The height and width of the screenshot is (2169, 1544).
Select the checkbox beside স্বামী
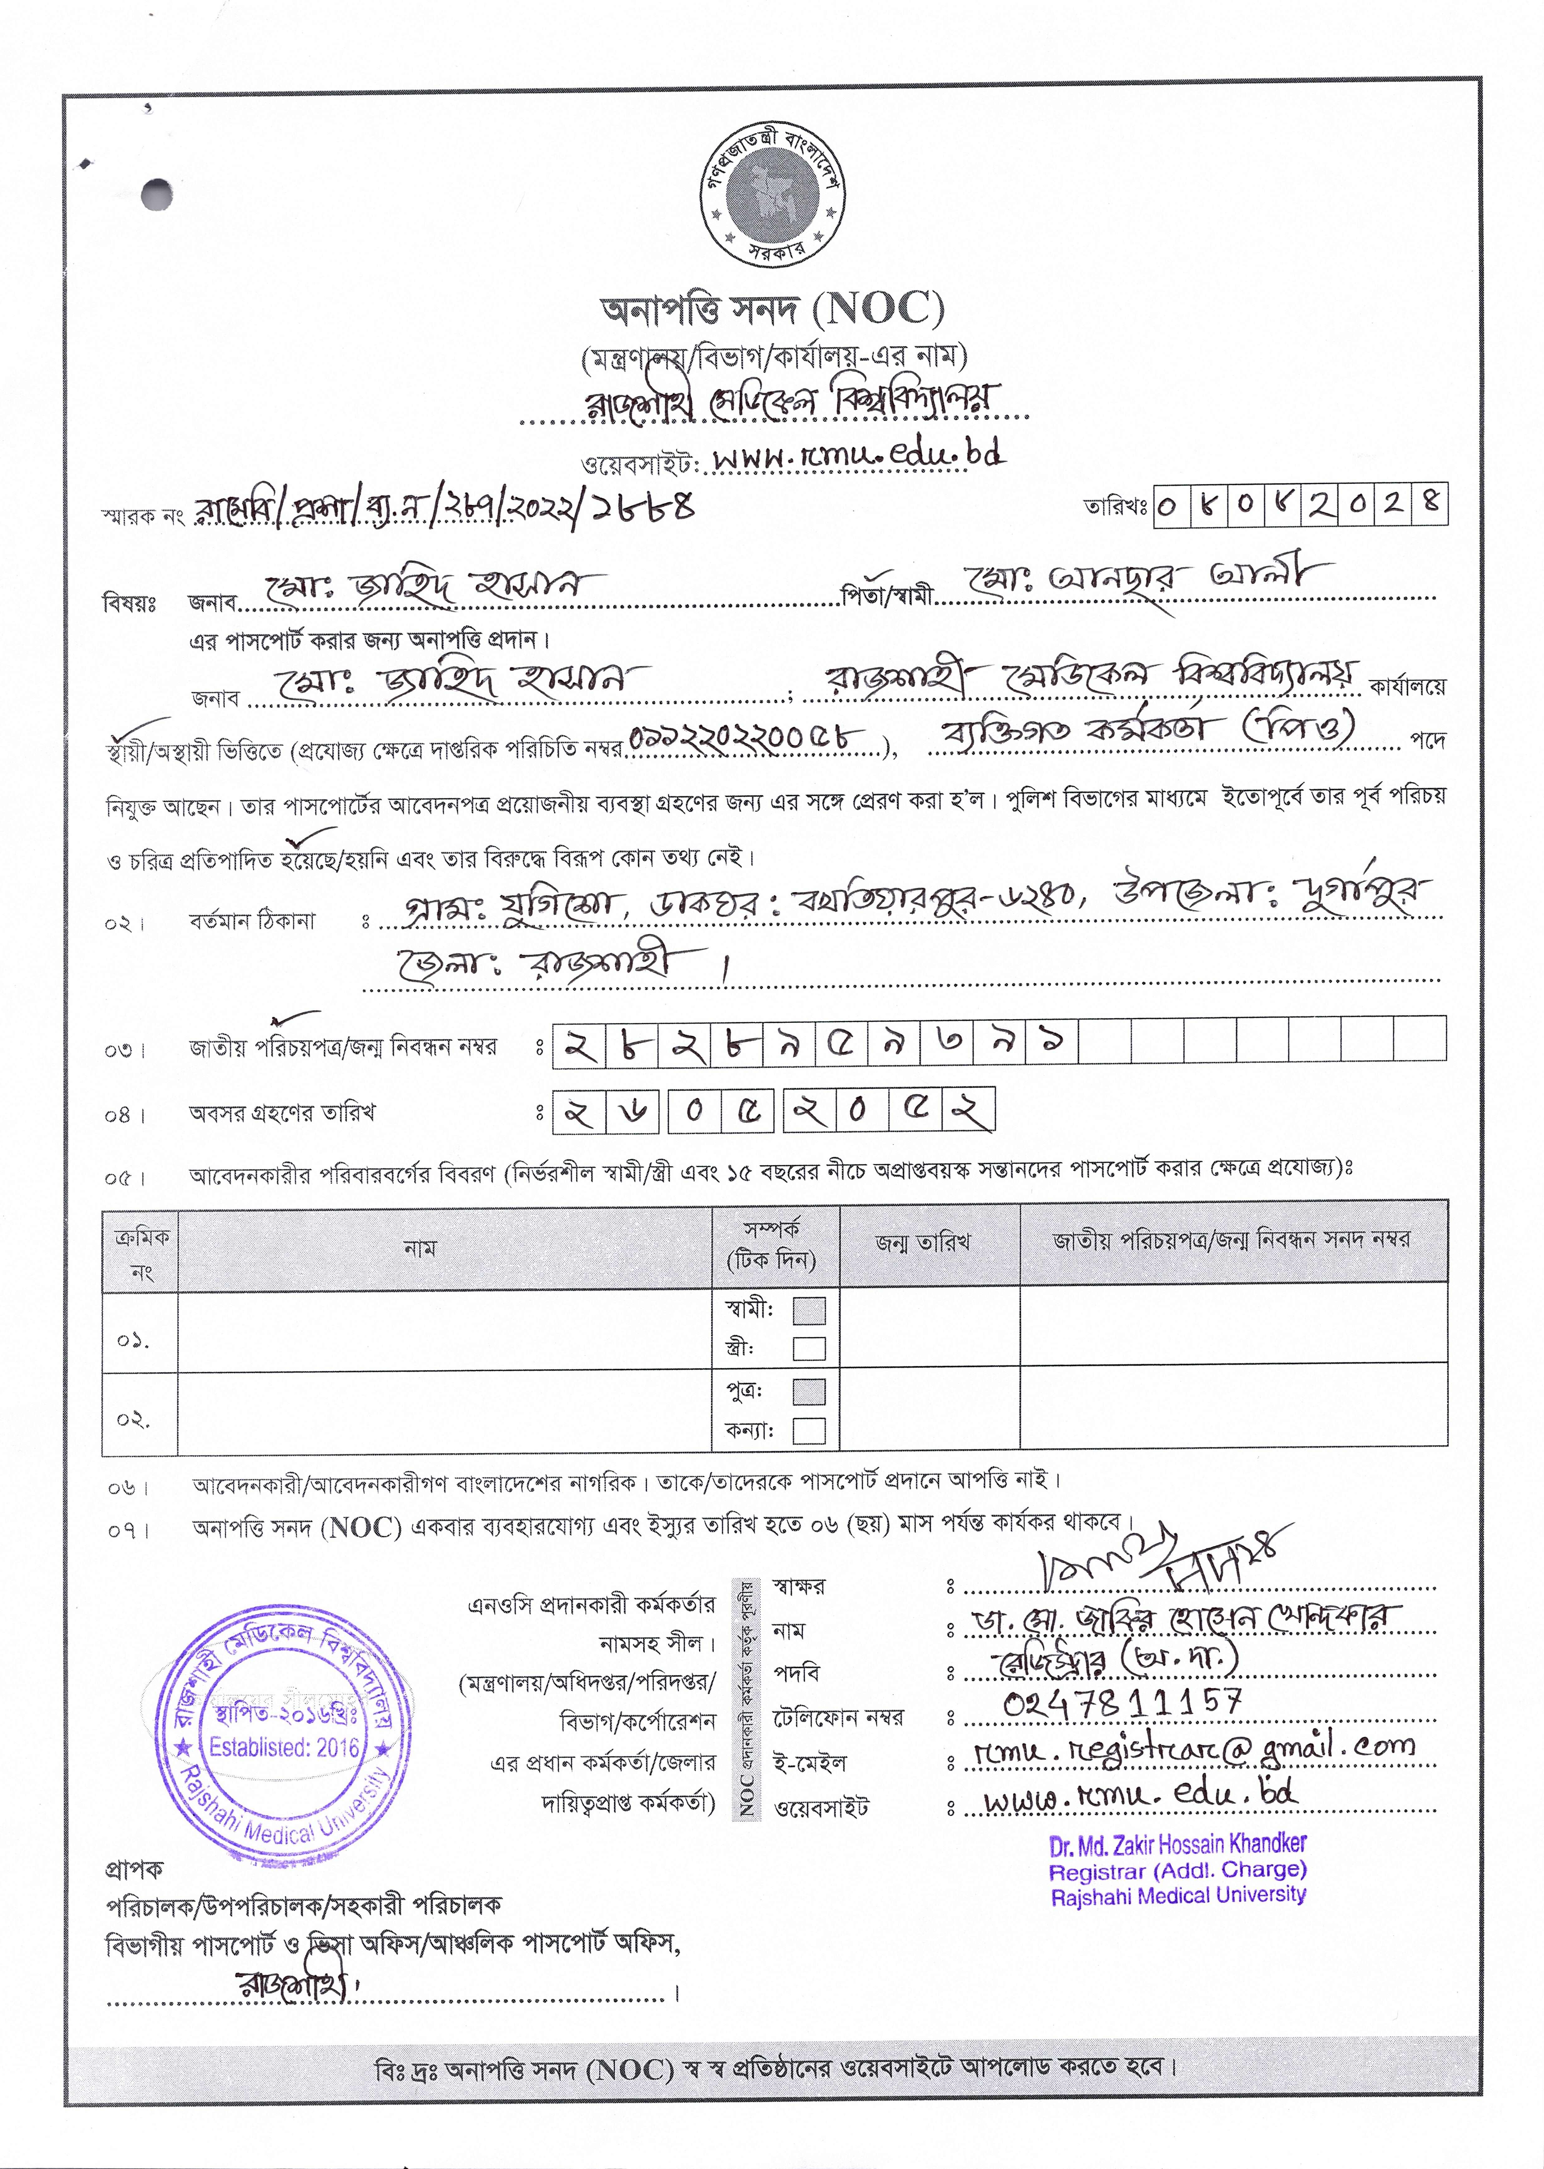tap(809, 1311)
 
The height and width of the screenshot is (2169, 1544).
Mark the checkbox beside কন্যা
tap(809, 1431)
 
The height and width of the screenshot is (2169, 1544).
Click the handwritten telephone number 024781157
tap(1122, 1700)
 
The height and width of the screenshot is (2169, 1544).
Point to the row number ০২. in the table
tap(133, 1420)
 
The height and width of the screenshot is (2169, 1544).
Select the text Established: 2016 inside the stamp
tap(284, 1747)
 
